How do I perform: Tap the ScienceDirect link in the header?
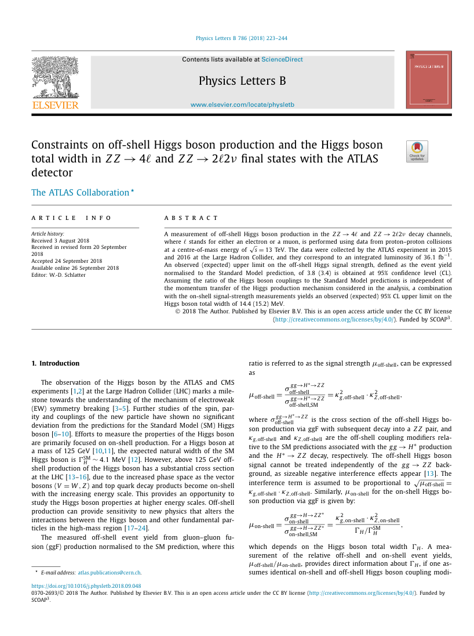[282, 59]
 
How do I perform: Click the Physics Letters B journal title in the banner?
[242, 81]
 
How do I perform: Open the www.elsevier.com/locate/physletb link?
[242, 104]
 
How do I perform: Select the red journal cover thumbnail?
[428, 79]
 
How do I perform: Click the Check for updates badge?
[417, 151]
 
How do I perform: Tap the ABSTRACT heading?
[191, 218]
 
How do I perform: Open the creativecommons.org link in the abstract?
[334, 319]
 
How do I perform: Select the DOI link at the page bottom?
[86, 586]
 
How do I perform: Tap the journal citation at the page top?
[242, 38]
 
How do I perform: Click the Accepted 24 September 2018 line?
[67, 261]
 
